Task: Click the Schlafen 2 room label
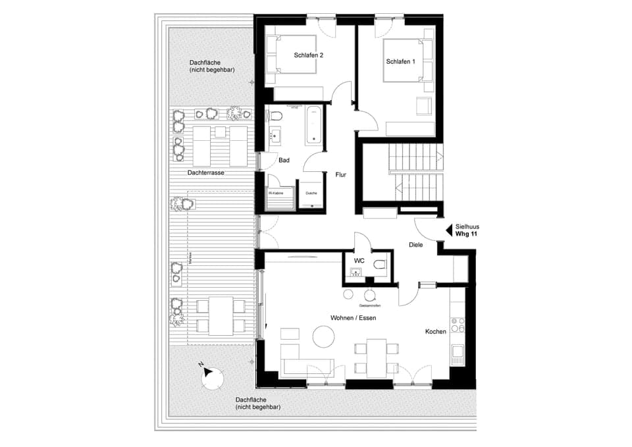tap(308, 55)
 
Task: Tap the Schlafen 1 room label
tap(400, 61)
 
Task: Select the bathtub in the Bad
tap(314, 126)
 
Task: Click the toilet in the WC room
tap(378, 266)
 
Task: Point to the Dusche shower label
tap(311, 193)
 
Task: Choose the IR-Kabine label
tap(275, 193)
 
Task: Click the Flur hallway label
tap(340, 175)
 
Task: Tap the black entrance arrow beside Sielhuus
tap(450, 230)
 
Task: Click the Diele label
tap(415, 245)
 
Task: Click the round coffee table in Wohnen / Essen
tap(323, 338)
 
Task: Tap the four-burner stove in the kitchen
tap(458, 325)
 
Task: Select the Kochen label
tap(435, 331)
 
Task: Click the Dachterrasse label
tap(205, 172)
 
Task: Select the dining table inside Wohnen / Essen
tap(376, 357)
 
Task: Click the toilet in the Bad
tap(276, 117)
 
